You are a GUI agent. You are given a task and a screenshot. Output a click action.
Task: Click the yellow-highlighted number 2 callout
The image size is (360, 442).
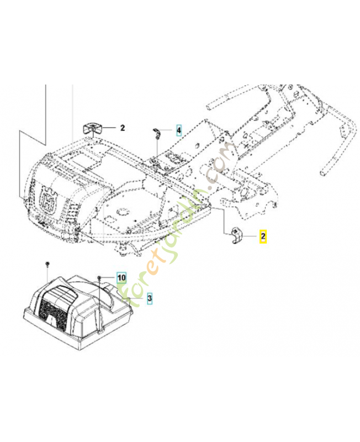[x=263, y=236]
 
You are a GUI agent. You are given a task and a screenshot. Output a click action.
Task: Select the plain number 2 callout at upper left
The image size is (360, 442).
[x=123, y=128]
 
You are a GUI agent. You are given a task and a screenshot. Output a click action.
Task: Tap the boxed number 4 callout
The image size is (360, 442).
[x=178, y=131]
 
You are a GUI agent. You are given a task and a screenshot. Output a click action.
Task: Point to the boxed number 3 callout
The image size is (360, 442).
[x=149, y=298]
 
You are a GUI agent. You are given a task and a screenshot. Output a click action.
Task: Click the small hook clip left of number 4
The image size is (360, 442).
[x=156, y=132]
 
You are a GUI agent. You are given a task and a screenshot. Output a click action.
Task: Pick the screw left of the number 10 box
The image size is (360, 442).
[x=99, y=276]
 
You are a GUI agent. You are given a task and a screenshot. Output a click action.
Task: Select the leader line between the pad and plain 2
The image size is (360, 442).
[x=108, y=128]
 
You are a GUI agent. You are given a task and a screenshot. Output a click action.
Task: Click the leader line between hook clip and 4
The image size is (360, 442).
[x=167, y=131]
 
